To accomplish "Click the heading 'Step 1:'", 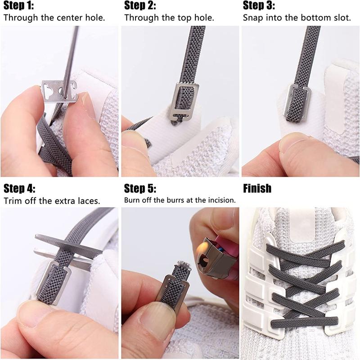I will (18, 6).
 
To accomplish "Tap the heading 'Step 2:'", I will (139, 6).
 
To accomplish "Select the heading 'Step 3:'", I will (259, 6).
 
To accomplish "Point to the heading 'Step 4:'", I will (19, 188).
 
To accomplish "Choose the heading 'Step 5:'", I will (140, 188).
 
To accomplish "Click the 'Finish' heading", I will (257, 188).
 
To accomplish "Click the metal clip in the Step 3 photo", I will (294, 103).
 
